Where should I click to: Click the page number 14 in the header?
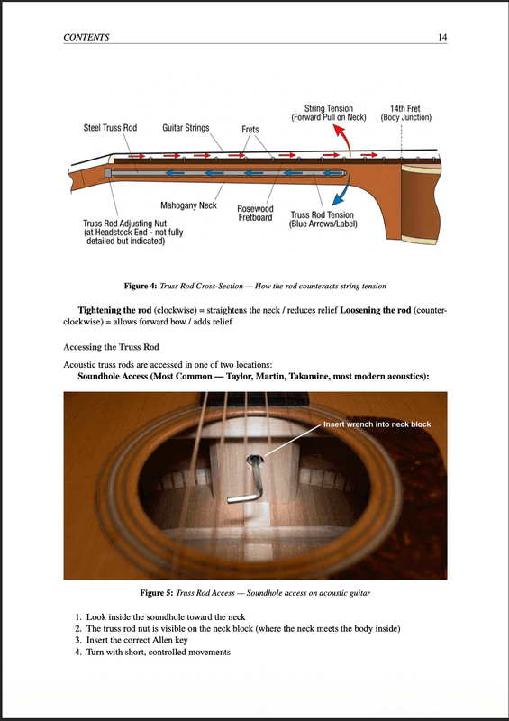pyautogui.click(x=442, y=37)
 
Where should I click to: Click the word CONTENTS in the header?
pyautogui.click(x=86, y=37)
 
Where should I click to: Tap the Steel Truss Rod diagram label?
pyautogui.click(x=110, y=129)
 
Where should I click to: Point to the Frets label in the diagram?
pyautogui.click(x=250, y=130)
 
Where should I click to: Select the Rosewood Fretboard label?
pyautogui.click(x=255, y=214)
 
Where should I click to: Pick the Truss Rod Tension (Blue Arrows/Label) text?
pyautogui.click(x=323, y=220)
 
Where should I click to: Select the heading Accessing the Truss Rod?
pyautogui.click(x=114, y=347)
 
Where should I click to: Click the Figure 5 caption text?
pyautogui.click(x=255, y=594)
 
